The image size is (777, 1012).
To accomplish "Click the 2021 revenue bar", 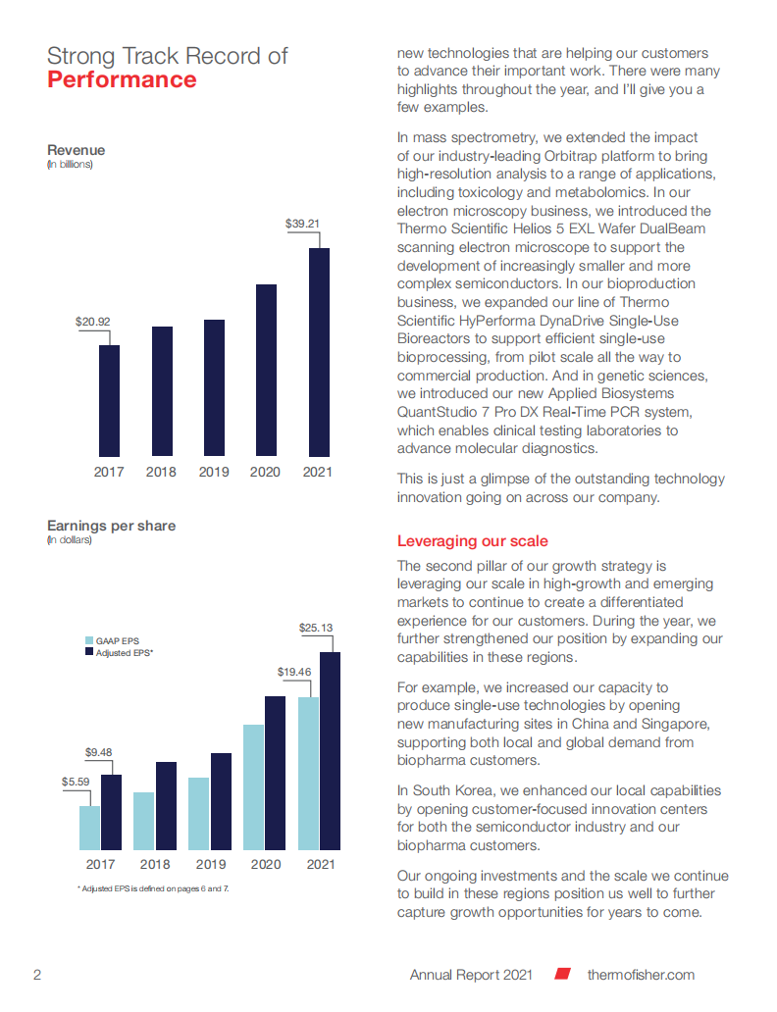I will pyautogui.click(x=320, y=352).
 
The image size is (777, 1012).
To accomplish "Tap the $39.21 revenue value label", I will pyautogui.click(x=303, y=224).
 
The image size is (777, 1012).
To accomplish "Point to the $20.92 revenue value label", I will pyautogui.click(x=92, y=322).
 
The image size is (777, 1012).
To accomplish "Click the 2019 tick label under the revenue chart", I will pyautogui.click(x=214, y=473).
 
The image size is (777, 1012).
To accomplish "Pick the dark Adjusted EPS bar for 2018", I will pyautogui.click(x=166, y=805).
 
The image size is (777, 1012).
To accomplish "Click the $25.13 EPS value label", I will pyautogui.click(x=315, y=628).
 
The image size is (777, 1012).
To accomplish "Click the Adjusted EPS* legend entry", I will pyautogui.click(x=124, y=652).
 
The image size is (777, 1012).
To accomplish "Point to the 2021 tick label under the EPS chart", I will pyautogui.click(x=320, y=865).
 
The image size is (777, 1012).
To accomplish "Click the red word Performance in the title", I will pyautogui.click(x=122, y=79).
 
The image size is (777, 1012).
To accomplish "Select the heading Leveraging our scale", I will pyautogui.click(x=472, y=541).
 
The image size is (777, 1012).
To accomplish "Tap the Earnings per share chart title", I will pyautogui.click(x=112, y=526).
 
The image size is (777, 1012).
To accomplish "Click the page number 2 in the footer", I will pyautogui.click(x=37, y=975).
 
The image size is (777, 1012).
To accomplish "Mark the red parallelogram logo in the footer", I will pyautogui.click(x=563, y=975).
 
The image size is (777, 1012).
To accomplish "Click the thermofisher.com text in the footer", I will pyautogui.click(x=641, y=975).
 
